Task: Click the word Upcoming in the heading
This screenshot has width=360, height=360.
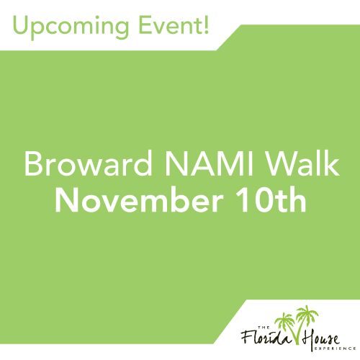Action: [71, 27]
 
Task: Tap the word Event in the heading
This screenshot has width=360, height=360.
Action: [170, 24]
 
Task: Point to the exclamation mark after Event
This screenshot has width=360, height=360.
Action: [206, 24]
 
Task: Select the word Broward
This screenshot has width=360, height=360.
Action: [88, 163]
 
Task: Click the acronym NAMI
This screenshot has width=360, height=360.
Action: [209, 164]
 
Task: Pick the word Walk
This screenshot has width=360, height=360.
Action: [303, 163]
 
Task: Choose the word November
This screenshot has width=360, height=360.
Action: [139, 199]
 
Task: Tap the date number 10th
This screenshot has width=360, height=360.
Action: [271, 199]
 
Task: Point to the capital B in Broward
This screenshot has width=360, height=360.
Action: [33, 164]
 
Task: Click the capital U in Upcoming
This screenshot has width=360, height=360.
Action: [22, 25]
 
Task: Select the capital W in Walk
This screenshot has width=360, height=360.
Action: [282, 164]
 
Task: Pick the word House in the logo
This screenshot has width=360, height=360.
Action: [320, 339]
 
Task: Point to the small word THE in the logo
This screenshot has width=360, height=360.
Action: [264, 327]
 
